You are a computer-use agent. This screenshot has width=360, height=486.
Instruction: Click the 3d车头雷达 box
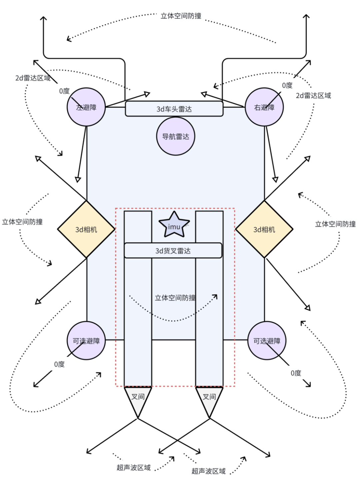174,109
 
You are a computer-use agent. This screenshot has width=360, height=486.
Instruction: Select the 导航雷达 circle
176,136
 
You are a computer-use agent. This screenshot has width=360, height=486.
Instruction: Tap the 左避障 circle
86,107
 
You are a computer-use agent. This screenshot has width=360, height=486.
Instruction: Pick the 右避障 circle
264,107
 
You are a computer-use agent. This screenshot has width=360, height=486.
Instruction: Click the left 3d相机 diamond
86,229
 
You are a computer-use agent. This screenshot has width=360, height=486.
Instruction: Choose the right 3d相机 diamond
264,229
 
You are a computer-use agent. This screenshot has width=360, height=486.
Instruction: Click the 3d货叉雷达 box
173,251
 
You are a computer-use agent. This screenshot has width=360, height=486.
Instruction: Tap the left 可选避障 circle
86,341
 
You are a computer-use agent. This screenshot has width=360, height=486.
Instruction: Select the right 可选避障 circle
267,341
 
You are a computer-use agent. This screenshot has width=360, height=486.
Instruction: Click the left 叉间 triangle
138,398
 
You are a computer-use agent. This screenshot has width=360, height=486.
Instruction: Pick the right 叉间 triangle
209,398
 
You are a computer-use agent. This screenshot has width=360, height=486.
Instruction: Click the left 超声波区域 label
134,468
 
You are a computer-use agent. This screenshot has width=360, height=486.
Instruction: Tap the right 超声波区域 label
209,471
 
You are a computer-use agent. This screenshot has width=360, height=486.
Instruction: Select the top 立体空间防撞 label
181,16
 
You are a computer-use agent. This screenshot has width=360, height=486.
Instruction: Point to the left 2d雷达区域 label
33,78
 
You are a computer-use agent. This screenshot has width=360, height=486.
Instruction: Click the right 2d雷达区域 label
313,96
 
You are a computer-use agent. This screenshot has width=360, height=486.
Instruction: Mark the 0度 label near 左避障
64,91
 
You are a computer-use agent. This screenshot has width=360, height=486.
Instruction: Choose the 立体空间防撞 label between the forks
175,298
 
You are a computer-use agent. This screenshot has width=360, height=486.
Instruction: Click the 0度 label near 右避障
287,85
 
